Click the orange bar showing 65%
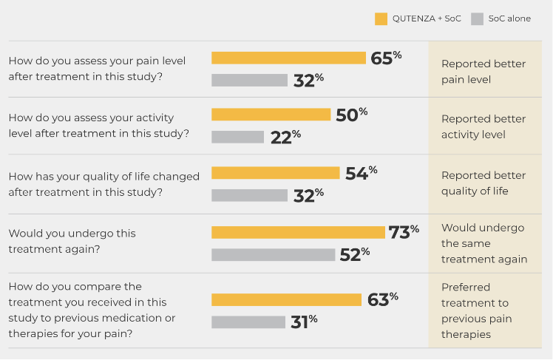[x=288, y=58]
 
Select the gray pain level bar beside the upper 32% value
[x=249, y=81]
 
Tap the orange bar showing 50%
[x=271, y=115]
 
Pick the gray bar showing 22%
[x=237, y=137]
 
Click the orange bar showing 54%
[x=275, y=172]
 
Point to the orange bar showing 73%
[x=298, y=232]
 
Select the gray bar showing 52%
[x=273, y=254]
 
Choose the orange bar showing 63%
[x=286, y=299]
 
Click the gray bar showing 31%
[x=248, y=322]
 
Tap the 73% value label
[x=404, y=232]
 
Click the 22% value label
[x=285, y=137]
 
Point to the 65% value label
[x=386, y=58]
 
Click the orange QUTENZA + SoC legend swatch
[x=381, y=19]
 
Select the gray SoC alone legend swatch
[x=477, y=19]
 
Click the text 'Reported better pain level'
[x=484, y=71]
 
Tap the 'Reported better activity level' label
[x=484, y=126]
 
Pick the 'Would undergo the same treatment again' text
[x=484, y=243]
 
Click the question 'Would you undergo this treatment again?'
[x=72, y=241]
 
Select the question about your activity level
[x=98, y=126]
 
